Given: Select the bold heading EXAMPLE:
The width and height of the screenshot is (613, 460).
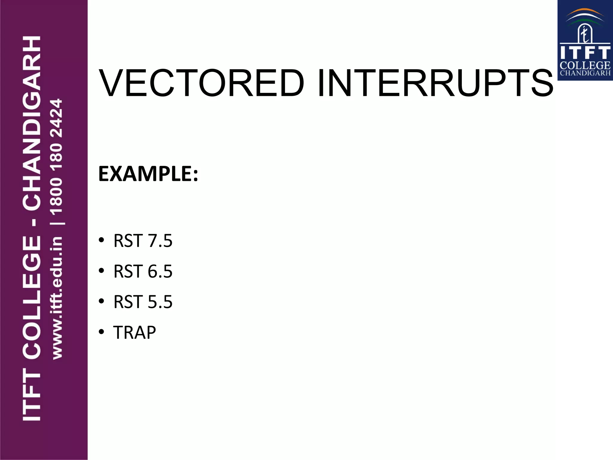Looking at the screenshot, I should [148, 174].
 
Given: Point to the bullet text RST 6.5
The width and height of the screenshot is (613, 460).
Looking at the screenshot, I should [143, 271].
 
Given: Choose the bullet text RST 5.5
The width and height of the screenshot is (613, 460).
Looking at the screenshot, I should [143, 302].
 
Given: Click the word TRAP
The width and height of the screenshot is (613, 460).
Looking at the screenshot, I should [135, 332].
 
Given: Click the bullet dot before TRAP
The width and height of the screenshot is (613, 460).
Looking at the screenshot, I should [101, 332].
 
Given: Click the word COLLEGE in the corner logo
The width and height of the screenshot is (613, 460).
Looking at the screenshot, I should [585, 65].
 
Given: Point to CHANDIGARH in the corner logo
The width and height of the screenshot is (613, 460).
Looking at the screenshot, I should [585, 73].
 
